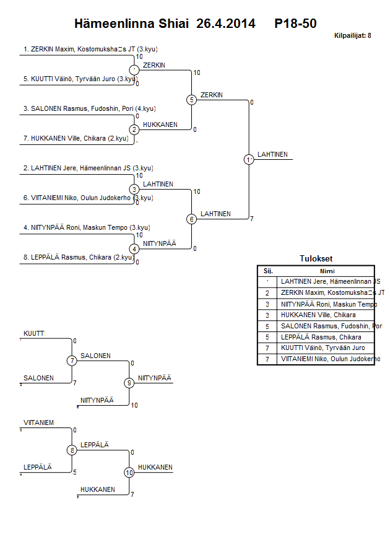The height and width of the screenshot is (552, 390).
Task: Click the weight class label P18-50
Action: click(x=296, y=24)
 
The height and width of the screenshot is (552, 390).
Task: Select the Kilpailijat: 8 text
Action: click(x=352, y=36)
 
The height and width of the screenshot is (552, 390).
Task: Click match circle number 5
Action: click(x=192, y=100)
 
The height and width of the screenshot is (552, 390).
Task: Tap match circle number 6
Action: click(x=192, y=219)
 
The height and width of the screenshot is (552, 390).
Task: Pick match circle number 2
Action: click(x=134, y=129)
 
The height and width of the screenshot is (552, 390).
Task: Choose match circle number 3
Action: click(x=134, y=189)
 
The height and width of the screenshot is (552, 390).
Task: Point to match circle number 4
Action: click(x=134, y=248)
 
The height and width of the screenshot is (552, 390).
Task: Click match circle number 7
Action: click(x=72, y=361)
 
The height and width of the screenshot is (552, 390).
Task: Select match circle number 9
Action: click(x=129, y=383)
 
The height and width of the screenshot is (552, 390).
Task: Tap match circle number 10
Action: click(x=129, y=473)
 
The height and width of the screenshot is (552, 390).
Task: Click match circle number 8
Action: click(x=72, y=450)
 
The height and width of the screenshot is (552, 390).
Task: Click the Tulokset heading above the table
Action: click(x=315, y=259)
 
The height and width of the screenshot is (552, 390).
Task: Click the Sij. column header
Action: click(x=267, y=271)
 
